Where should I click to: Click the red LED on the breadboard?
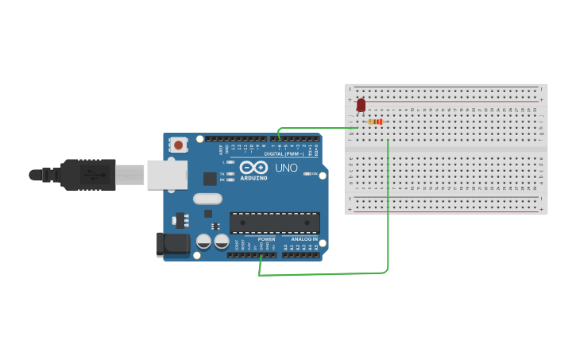tap(361, 105)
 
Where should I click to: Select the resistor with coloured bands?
tap(376, 122)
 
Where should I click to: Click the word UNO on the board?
tap(286, 168)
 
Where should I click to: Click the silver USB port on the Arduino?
tap(166, 175)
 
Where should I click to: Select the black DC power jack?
tap(175, 244)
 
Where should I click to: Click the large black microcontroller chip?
tap(274, 223)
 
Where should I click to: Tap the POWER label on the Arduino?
tap(267, 239)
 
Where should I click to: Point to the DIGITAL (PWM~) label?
tap(284, 153)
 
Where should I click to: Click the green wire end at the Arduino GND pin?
tap(261, 256)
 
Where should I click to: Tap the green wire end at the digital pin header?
tap(279, 138)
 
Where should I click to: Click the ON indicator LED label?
tap(315, 173)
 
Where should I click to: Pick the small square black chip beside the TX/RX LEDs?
tap(210, 179)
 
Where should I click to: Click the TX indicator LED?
tap(230, 173)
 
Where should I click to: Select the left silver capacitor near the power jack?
tap(203, 242)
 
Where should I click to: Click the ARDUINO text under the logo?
tap(254, 178)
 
